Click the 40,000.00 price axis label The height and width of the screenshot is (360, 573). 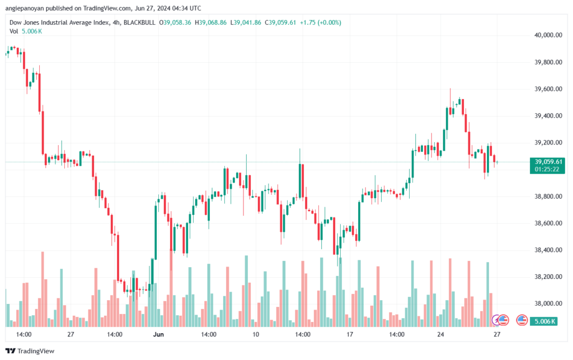548,35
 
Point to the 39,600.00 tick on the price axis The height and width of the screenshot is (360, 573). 548,89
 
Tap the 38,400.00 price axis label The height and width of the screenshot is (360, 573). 548,250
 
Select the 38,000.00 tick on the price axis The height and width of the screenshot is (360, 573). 548,303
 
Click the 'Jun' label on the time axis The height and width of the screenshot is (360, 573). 159,334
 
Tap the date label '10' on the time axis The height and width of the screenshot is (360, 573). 256,334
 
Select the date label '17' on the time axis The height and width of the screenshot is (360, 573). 350,334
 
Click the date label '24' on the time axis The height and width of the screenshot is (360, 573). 441,334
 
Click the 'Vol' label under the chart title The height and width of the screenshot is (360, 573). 15,31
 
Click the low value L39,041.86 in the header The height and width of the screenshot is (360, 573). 246,22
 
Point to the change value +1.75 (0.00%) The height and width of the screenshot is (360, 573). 321,22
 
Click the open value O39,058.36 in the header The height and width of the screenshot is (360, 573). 176,22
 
